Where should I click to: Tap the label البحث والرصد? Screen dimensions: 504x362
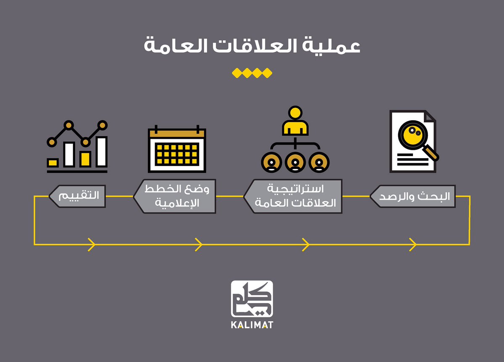[x=413, y=196]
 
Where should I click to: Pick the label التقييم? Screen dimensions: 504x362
[x=78, y=196]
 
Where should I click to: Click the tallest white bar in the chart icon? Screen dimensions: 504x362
[x=101, y=151]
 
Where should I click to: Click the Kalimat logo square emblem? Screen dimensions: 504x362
[x=252, y=299]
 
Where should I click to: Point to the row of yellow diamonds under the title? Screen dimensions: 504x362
[x=252, y=73]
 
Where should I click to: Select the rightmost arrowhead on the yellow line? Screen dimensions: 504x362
[x=413, y=243]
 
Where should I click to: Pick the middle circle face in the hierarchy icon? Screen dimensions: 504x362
[x=295, y=162]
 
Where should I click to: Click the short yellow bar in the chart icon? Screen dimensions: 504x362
[x=53, y=162]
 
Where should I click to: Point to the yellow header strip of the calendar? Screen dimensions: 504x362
[x=177, y=133]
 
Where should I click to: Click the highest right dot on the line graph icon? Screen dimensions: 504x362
[x=102, y=125]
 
